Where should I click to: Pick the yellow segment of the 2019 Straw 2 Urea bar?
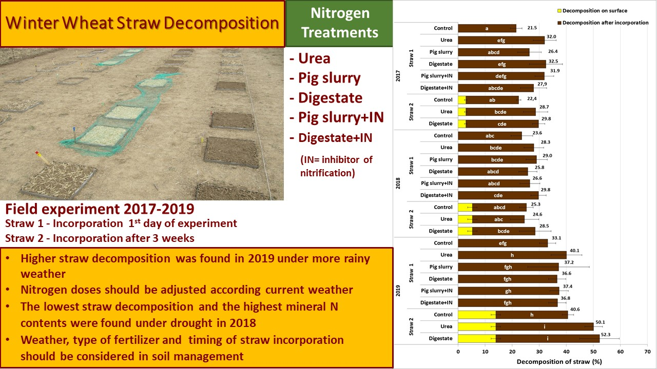point(476,326)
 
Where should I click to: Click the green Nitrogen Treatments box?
point(339,24)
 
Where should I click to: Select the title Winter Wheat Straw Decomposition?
point(143,24)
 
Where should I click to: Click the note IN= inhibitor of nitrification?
point(336,166)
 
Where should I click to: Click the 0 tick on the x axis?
point(458,352)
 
